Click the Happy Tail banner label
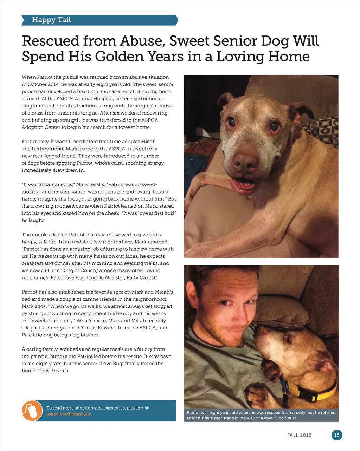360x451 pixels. click(51, 20)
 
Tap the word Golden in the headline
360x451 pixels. click(124, 57)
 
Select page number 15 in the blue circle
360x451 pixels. click(337, 435)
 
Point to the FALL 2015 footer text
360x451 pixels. click(299, 435)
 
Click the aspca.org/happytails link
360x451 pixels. click(69, 414)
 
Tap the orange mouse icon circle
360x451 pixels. click(32, 410)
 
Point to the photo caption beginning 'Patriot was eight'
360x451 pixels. click(261, 415)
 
